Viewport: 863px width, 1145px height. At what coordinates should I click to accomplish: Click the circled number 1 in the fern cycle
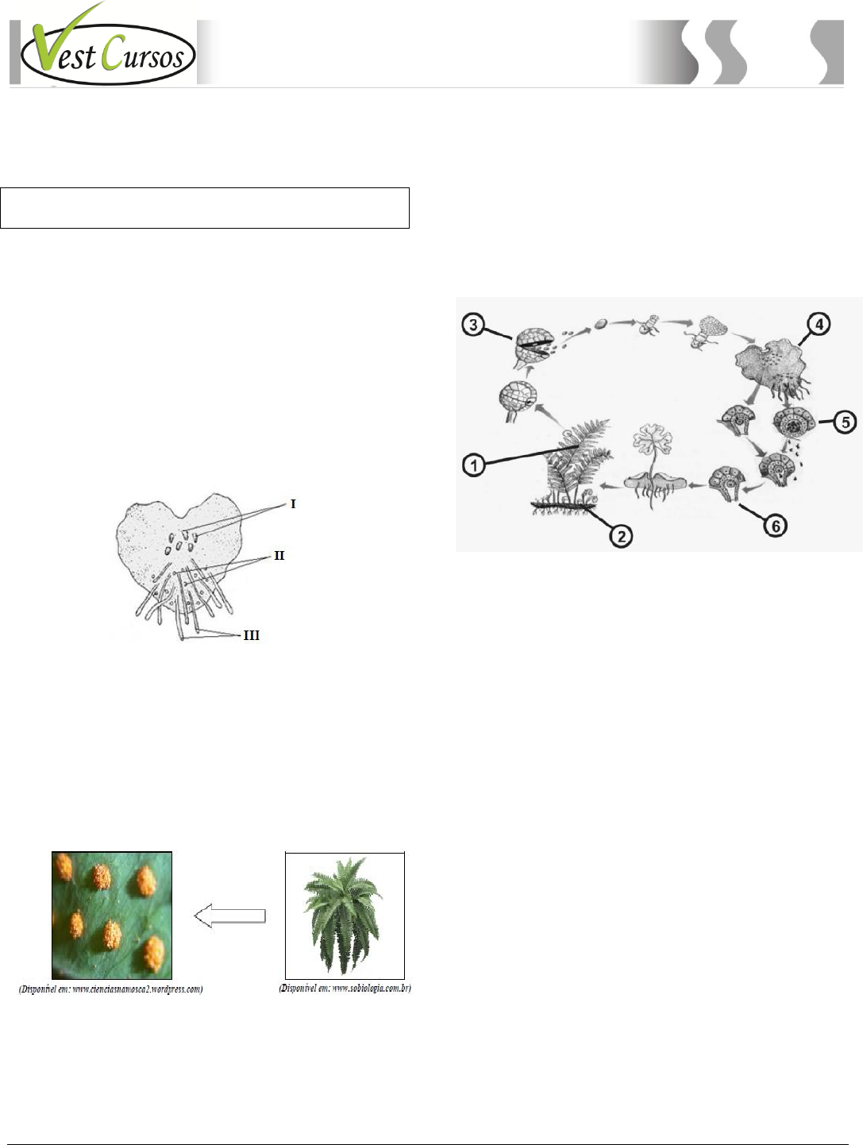pyautogui.click(x=473, y=465)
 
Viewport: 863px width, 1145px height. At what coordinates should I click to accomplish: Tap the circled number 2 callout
pyautogui.click(x=621, y=536)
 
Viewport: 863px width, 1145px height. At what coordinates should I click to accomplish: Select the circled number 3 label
pyautogui.click(x=473, y=325)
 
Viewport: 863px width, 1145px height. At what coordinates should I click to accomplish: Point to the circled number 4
pyautogui.click(x=819, y=324)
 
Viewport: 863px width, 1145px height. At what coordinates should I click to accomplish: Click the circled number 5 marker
pyautogui.click(x=846, y=422)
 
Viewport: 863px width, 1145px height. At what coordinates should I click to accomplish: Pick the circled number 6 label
pyautogui.click(x=776, y=526)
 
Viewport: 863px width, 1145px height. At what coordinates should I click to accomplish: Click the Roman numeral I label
pyautogui.click(x=293, y=503)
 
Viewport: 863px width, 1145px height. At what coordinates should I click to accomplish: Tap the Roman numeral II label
pyautogui.click(x=279, y=555)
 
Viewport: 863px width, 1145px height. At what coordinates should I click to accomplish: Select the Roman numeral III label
pyautogui.click(x=252, y=635)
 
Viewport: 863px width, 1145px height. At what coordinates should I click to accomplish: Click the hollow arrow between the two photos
pyautogui.click(x=230, y=916)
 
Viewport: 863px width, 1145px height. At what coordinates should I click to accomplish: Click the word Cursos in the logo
pyautogui.click(x=142, y=53)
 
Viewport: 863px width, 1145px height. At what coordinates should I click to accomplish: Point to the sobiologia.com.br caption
pyautogui.click(x=345, y=988)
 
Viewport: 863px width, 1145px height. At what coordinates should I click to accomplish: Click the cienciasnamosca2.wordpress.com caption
pyautogui.click(x=110, y=989)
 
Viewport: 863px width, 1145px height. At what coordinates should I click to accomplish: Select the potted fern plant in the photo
pyautogui.click(x=343, y=915)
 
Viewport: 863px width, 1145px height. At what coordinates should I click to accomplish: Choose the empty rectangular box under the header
pyautogui.click(x=205, y=207)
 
